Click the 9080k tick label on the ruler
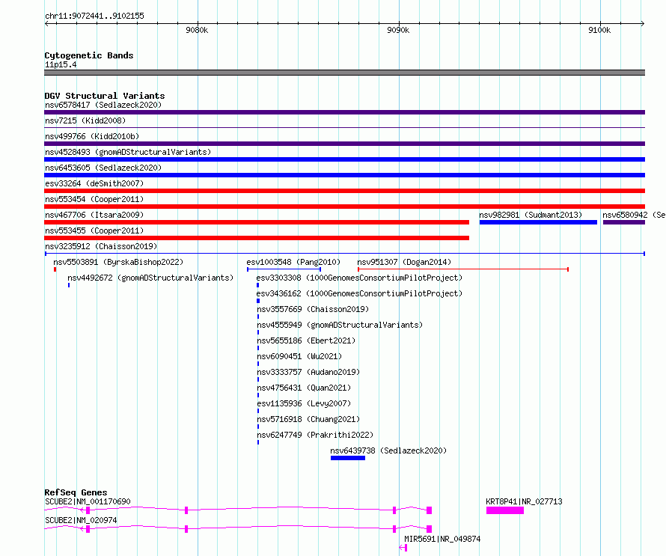(x=197, y=30)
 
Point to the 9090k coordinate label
(x=398, y=30)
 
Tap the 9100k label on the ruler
(x=599, y=30)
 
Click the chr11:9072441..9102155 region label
(x=94, y=16)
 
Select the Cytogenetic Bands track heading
(x=89, y=55)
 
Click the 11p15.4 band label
(x=61, y=64)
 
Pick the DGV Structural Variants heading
(x=105, y=96)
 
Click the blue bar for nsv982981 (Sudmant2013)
(x=538, y=222)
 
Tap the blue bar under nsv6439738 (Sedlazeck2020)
(x=348, y=458)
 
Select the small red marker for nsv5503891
(x=55, y=269)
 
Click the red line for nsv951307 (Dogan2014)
(x=463, y=269)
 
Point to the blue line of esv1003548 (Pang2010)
(x=284, y=269)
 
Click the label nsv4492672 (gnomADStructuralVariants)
(x=150, y=278)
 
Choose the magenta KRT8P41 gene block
(x=505, y=510)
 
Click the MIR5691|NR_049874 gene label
(x=442, y=539)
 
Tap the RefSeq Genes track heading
(x=76, y=492)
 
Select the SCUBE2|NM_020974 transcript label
(x=81, y=520)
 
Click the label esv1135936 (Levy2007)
(x=304, y=403)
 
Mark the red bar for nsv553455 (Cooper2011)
(x=257, y=238)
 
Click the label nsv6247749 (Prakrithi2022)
(x=315, y=435)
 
